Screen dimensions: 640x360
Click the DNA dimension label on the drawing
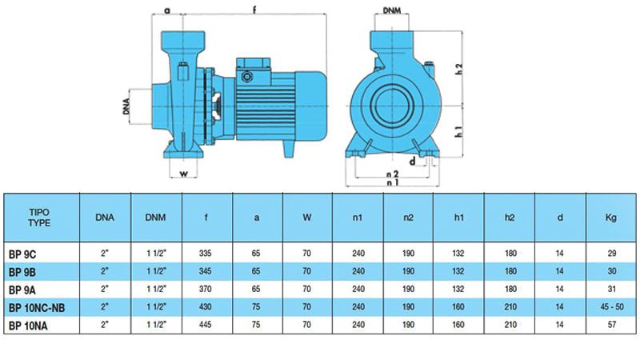tap(126, 106)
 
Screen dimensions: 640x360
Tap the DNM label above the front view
tap(392, 10)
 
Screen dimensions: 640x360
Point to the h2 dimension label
tap(459, 69)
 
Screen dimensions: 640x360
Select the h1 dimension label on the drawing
tap(459, 131)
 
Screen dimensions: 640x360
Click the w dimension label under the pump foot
tap(184, 174)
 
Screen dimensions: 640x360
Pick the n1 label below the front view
tap(392, 182)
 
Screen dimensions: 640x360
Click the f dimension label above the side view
tap(254, 9)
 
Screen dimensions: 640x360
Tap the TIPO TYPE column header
tap(39, 218)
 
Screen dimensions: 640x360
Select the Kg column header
tap(610, 218)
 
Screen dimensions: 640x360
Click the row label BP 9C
tap(22, 254)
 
